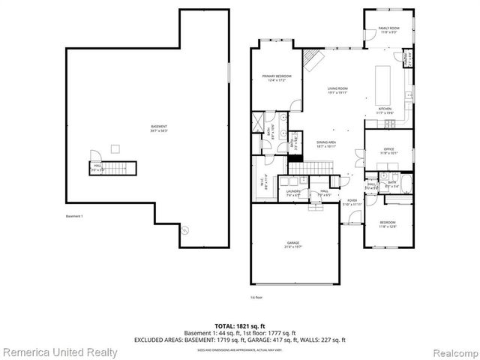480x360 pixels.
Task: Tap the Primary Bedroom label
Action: tap(277, 77)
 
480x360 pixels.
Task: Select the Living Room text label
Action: tap(337, 90)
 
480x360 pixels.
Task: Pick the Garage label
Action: tap(292, 244)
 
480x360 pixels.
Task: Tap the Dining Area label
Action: tap(325, 143)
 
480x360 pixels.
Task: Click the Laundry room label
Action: tap(293, 193)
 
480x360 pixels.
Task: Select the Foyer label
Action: tap(352, 202)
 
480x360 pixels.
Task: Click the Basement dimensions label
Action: tap(159, 127)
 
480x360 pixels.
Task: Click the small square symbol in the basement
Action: tap(115, 147)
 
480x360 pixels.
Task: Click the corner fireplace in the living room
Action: tap(313, 57)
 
